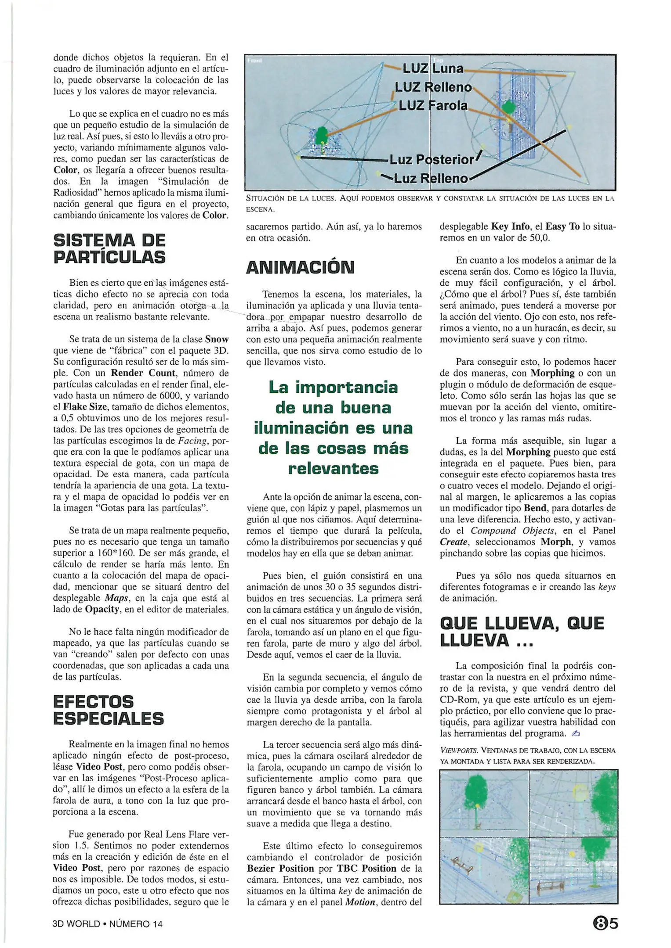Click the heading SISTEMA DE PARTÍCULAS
[x=109, y=248]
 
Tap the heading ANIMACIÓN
[x=300, y=267]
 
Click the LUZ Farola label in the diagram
[x=432, y=106]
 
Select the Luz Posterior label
[x=432, y=159]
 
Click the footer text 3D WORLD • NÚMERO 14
[x=107, y=924]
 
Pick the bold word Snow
[x=217, y=339]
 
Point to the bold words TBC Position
[x=366, y=868]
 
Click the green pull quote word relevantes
[x=334, y=468]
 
